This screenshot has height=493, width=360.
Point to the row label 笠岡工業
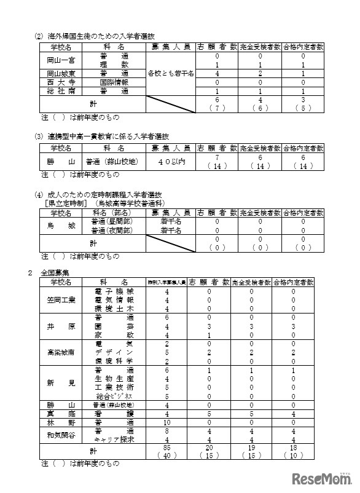61,299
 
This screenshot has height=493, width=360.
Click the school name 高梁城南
61,353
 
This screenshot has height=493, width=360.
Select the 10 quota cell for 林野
167,424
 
